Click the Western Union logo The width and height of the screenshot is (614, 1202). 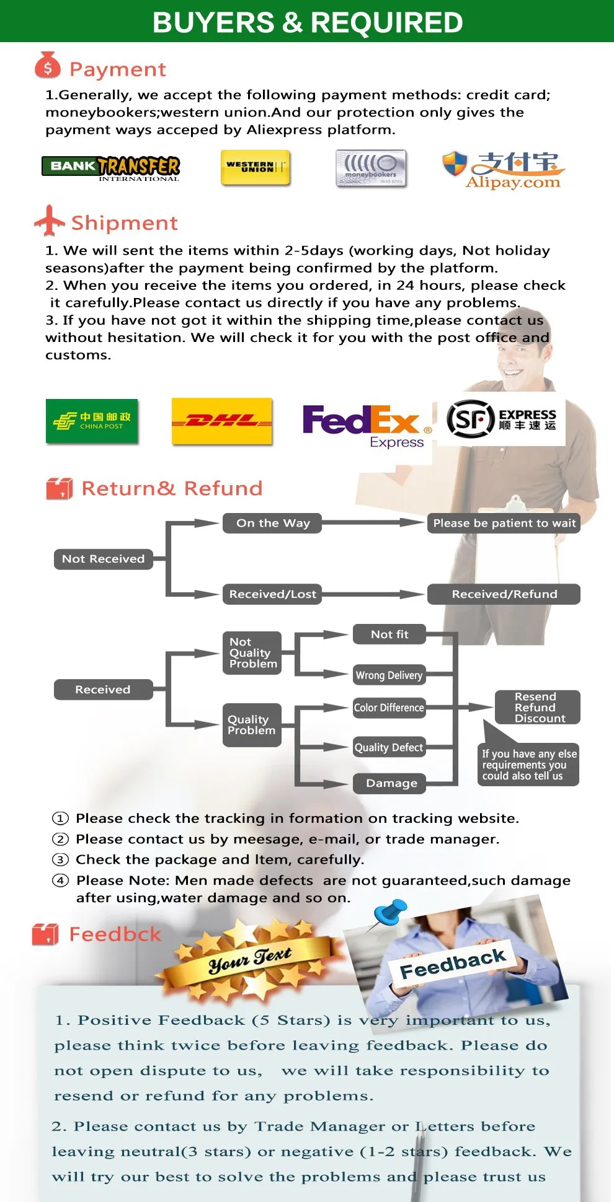(256, 167)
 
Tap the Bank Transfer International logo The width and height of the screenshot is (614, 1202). (111, 167)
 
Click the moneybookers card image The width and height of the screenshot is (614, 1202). (371, 168)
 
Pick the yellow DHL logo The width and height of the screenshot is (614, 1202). (221, 421)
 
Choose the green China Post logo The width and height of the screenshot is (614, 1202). (92, 421)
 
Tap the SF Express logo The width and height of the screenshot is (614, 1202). (501, 419)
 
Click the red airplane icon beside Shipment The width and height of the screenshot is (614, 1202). (49, 221)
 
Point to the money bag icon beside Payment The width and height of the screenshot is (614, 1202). (48, 66)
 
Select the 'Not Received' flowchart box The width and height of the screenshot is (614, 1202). (103, 559)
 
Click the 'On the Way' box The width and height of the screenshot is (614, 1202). (273, 523)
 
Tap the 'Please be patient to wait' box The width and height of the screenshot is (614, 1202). (504, 523)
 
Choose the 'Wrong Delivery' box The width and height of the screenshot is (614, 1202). (389, 675)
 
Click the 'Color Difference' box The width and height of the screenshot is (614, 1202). (389, 708)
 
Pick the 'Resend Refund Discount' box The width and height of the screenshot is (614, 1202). (537, 708)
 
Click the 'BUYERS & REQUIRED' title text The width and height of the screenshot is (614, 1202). (308, 22)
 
